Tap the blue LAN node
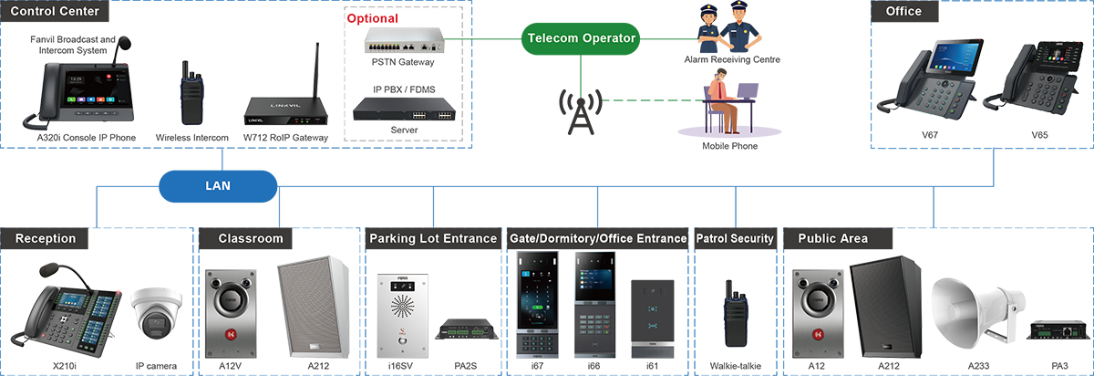point(218,185)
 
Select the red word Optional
point(374,18)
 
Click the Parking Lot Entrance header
point(433,238)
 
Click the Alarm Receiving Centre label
point(732,59)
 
